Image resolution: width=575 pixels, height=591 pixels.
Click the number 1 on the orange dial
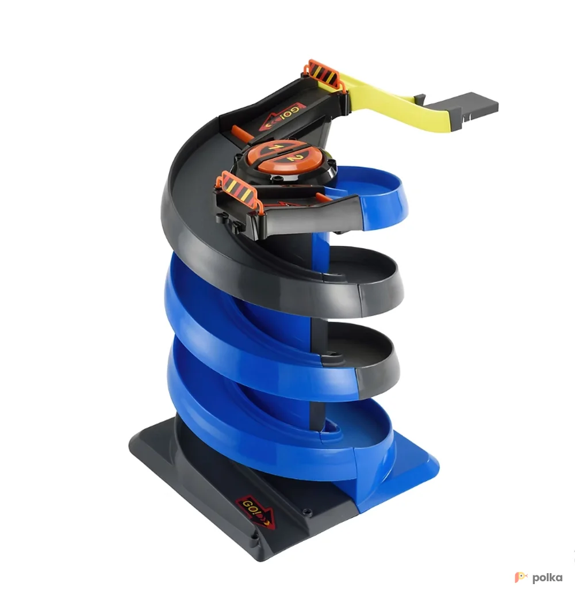pyautogui.click(x=273, y=147)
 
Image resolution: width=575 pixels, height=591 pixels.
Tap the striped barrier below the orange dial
pyautogui.click(x=237, y=186)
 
